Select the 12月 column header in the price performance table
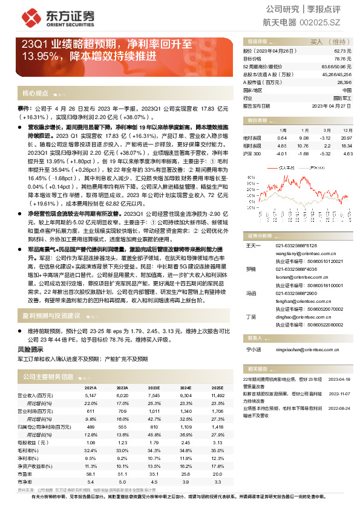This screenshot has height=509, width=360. point(346,130)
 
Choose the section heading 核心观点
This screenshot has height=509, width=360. point(35,93)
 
